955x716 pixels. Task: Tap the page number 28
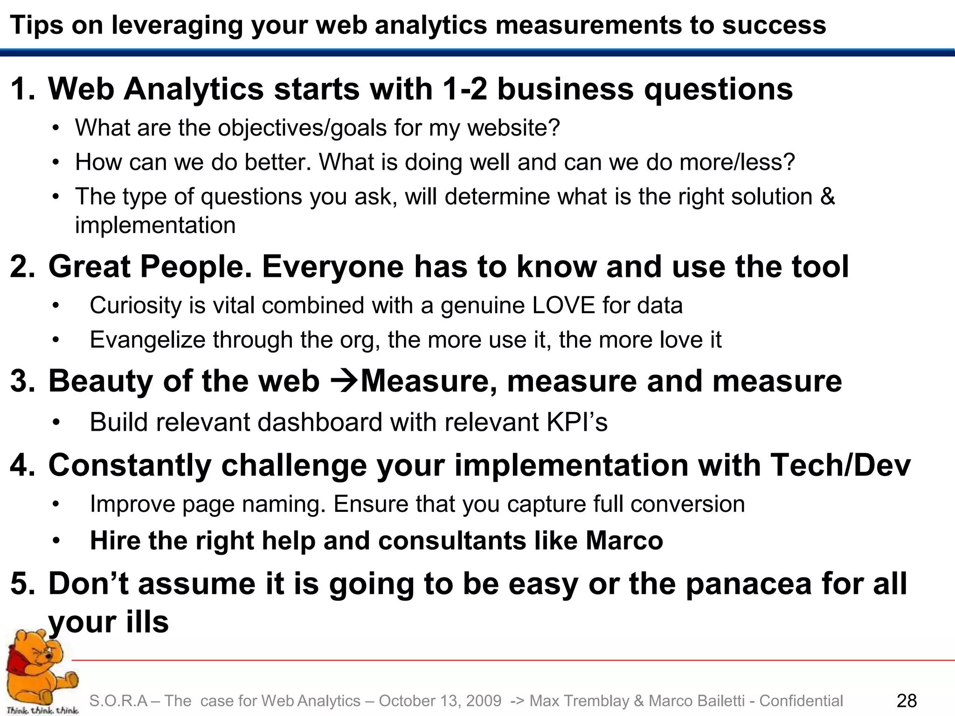907,701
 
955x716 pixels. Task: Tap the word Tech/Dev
840,465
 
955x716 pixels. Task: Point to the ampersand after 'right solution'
827,196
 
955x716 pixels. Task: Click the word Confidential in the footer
801,701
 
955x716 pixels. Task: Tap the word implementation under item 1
155,226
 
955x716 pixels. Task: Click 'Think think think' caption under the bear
42,710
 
